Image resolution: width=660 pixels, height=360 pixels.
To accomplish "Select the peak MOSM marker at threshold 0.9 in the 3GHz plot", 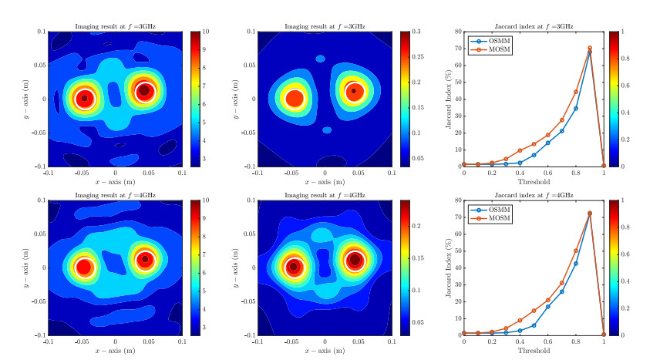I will pos(590,49).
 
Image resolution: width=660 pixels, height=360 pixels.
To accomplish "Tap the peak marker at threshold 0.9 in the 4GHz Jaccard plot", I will pos(590,214).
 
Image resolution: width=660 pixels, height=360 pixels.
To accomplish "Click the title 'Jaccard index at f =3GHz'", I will pos(534,26).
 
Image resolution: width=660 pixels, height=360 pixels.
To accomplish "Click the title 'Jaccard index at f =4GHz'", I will pos(534,196).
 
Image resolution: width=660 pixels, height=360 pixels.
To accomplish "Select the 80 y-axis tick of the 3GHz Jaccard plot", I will pos(456,32).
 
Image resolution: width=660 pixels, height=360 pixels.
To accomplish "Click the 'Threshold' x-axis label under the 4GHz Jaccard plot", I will pos(534,351).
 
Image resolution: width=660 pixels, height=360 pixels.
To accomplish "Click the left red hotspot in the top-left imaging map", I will pos(84,99).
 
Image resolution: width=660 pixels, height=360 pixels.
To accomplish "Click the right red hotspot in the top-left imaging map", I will pos(145,92).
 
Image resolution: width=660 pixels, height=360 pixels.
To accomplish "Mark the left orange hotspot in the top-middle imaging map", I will pos(294,99).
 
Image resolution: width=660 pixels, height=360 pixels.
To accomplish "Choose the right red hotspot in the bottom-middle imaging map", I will pos(355,260).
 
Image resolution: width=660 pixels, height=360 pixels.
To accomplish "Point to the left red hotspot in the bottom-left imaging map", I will pos(83,267).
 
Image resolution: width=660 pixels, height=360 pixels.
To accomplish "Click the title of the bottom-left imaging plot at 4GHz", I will pos(115,196).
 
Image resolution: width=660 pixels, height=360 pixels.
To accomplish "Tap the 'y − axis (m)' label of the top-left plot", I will pos(30,99).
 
